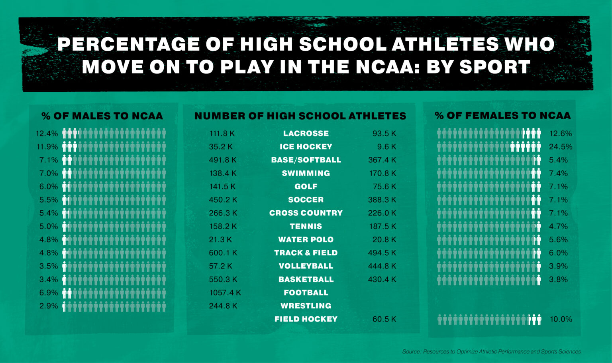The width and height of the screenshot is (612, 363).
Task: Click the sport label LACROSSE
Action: (306, 134)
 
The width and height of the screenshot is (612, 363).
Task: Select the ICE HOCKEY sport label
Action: (306, 147)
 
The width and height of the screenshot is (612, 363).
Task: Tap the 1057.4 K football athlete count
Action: (225, 293)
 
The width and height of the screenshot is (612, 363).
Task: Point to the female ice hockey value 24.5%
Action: (560, 147)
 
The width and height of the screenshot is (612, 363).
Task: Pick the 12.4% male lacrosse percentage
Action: (47, 134)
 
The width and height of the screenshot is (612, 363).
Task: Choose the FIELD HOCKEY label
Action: (306, 319)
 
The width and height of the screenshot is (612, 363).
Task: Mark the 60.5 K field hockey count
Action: (384, 319)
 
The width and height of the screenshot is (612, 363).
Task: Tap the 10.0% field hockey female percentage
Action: (561, 319)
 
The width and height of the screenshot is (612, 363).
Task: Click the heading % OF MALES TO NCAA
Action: (102, 116)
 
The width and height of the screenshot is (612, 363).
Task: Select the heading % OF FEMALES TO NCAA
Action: (502, 116)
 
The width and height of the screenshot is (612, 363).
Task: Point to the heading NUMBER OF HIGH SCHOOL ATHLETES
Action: (300, 116)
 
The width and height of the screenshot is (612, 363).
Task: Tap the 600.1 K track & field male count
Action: (223, 253)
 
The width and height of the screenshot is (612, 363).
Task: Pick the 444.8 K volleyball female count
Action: (382, 266)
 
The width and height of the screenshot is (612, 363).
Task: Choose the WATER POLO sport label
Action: (306, 240)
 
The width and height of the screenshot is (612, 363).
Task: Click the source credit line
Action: (491, 352)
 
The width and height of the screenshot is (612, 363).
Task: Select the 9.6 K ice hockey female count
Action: (386, 147)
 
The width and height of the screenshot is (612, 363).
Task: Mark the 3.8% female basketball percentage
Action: (558, 280)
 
